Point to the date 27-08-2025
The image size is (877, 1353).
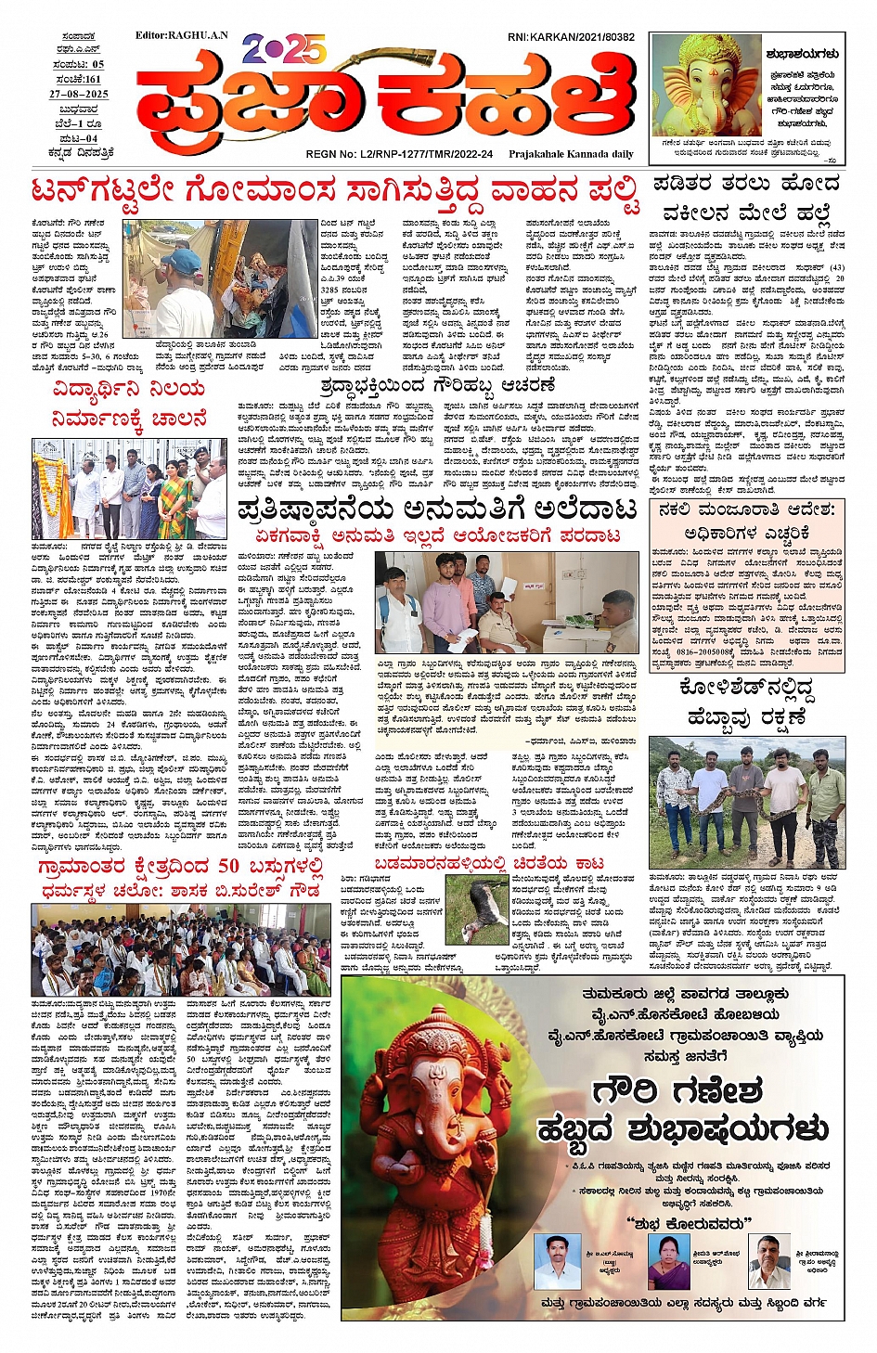coord(79,94)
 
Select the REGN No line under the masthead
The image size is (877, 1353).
coord(399,154)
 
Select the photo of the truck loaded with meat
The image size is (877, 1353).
coord(221,279)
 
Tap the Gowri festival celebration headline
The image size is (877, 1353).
coord(436,386)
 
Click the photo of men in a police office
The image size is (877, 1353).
coord(507,604)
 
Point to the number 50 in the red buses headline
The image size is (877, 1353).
coord(229,867)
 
